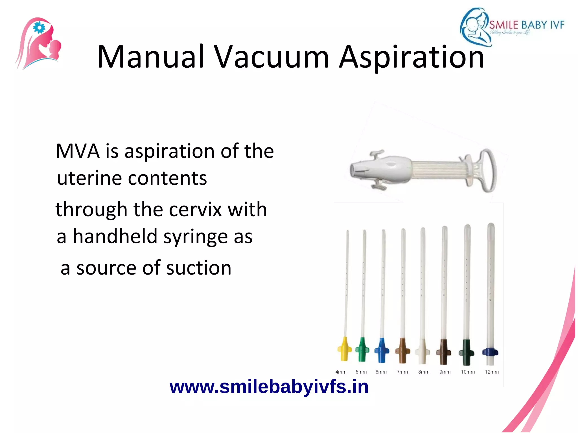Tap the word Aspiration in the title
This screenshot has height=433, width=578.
click(411, 57)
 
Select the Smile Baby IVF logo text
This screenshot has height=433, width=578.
click(527, 25)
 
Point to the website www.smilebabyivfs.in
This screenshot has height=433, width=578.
click(269, 387)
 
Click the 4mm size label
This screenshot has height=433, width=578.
click(341, 372)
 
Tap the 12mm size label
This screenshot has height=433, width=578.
click(492, 372)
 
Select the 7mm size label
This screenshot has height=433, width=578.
click(402, 372)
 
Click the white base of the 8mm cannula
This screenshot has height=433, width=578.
click(422, 352)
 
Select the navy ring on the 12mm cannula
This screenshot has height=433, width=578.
click(490, 352)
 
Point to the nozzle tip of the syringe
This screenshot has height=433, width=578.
click(354, 171)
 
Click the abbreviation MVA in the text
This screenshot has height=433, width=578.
click(78, 151)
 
